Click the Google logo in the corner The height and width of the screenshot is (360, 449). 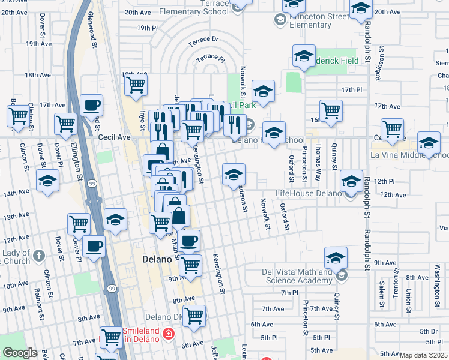20,353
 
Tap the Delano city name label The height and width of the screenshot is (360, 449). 158,259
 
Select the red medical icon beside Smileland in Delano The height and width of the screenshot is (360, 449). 170,334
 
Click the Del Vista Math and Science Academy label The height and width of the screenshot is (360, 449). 297,277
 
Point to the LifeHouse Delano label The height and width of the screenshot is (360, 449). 308,194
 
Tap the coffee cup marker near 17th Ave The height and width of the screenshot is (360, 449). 91,104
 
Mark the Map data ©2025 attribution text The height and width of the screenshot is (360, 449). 424,355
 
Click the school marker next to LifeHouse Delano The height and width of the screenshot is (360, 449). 351,180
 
